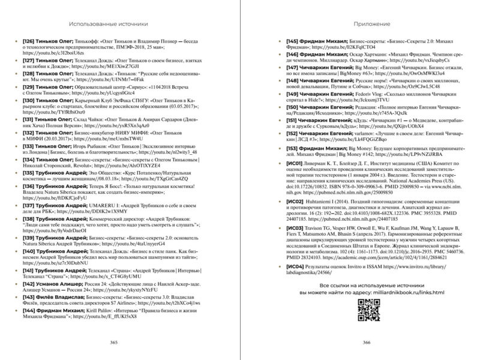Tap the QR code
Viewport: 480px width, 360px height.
coord(365,309)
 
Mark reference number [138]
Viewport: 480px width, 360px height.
coord(30,220)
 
